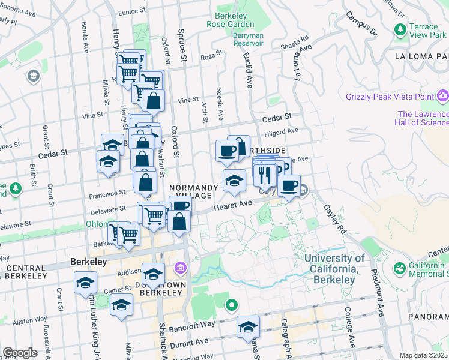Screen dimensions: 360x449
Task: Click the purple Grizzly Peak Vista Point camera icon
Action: point(443,95)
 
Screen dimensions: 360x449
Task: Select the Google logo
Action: point(20,352)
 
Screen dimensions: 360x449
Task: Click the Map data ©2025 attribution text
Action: point(424,355)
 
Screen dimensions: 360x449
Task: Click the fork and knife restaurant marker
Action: point(264,175)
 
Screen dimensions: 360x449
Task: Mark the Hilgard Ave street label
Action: point(284,130)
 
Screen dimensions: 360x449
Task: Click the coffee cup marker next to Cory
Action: point(289,186)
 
